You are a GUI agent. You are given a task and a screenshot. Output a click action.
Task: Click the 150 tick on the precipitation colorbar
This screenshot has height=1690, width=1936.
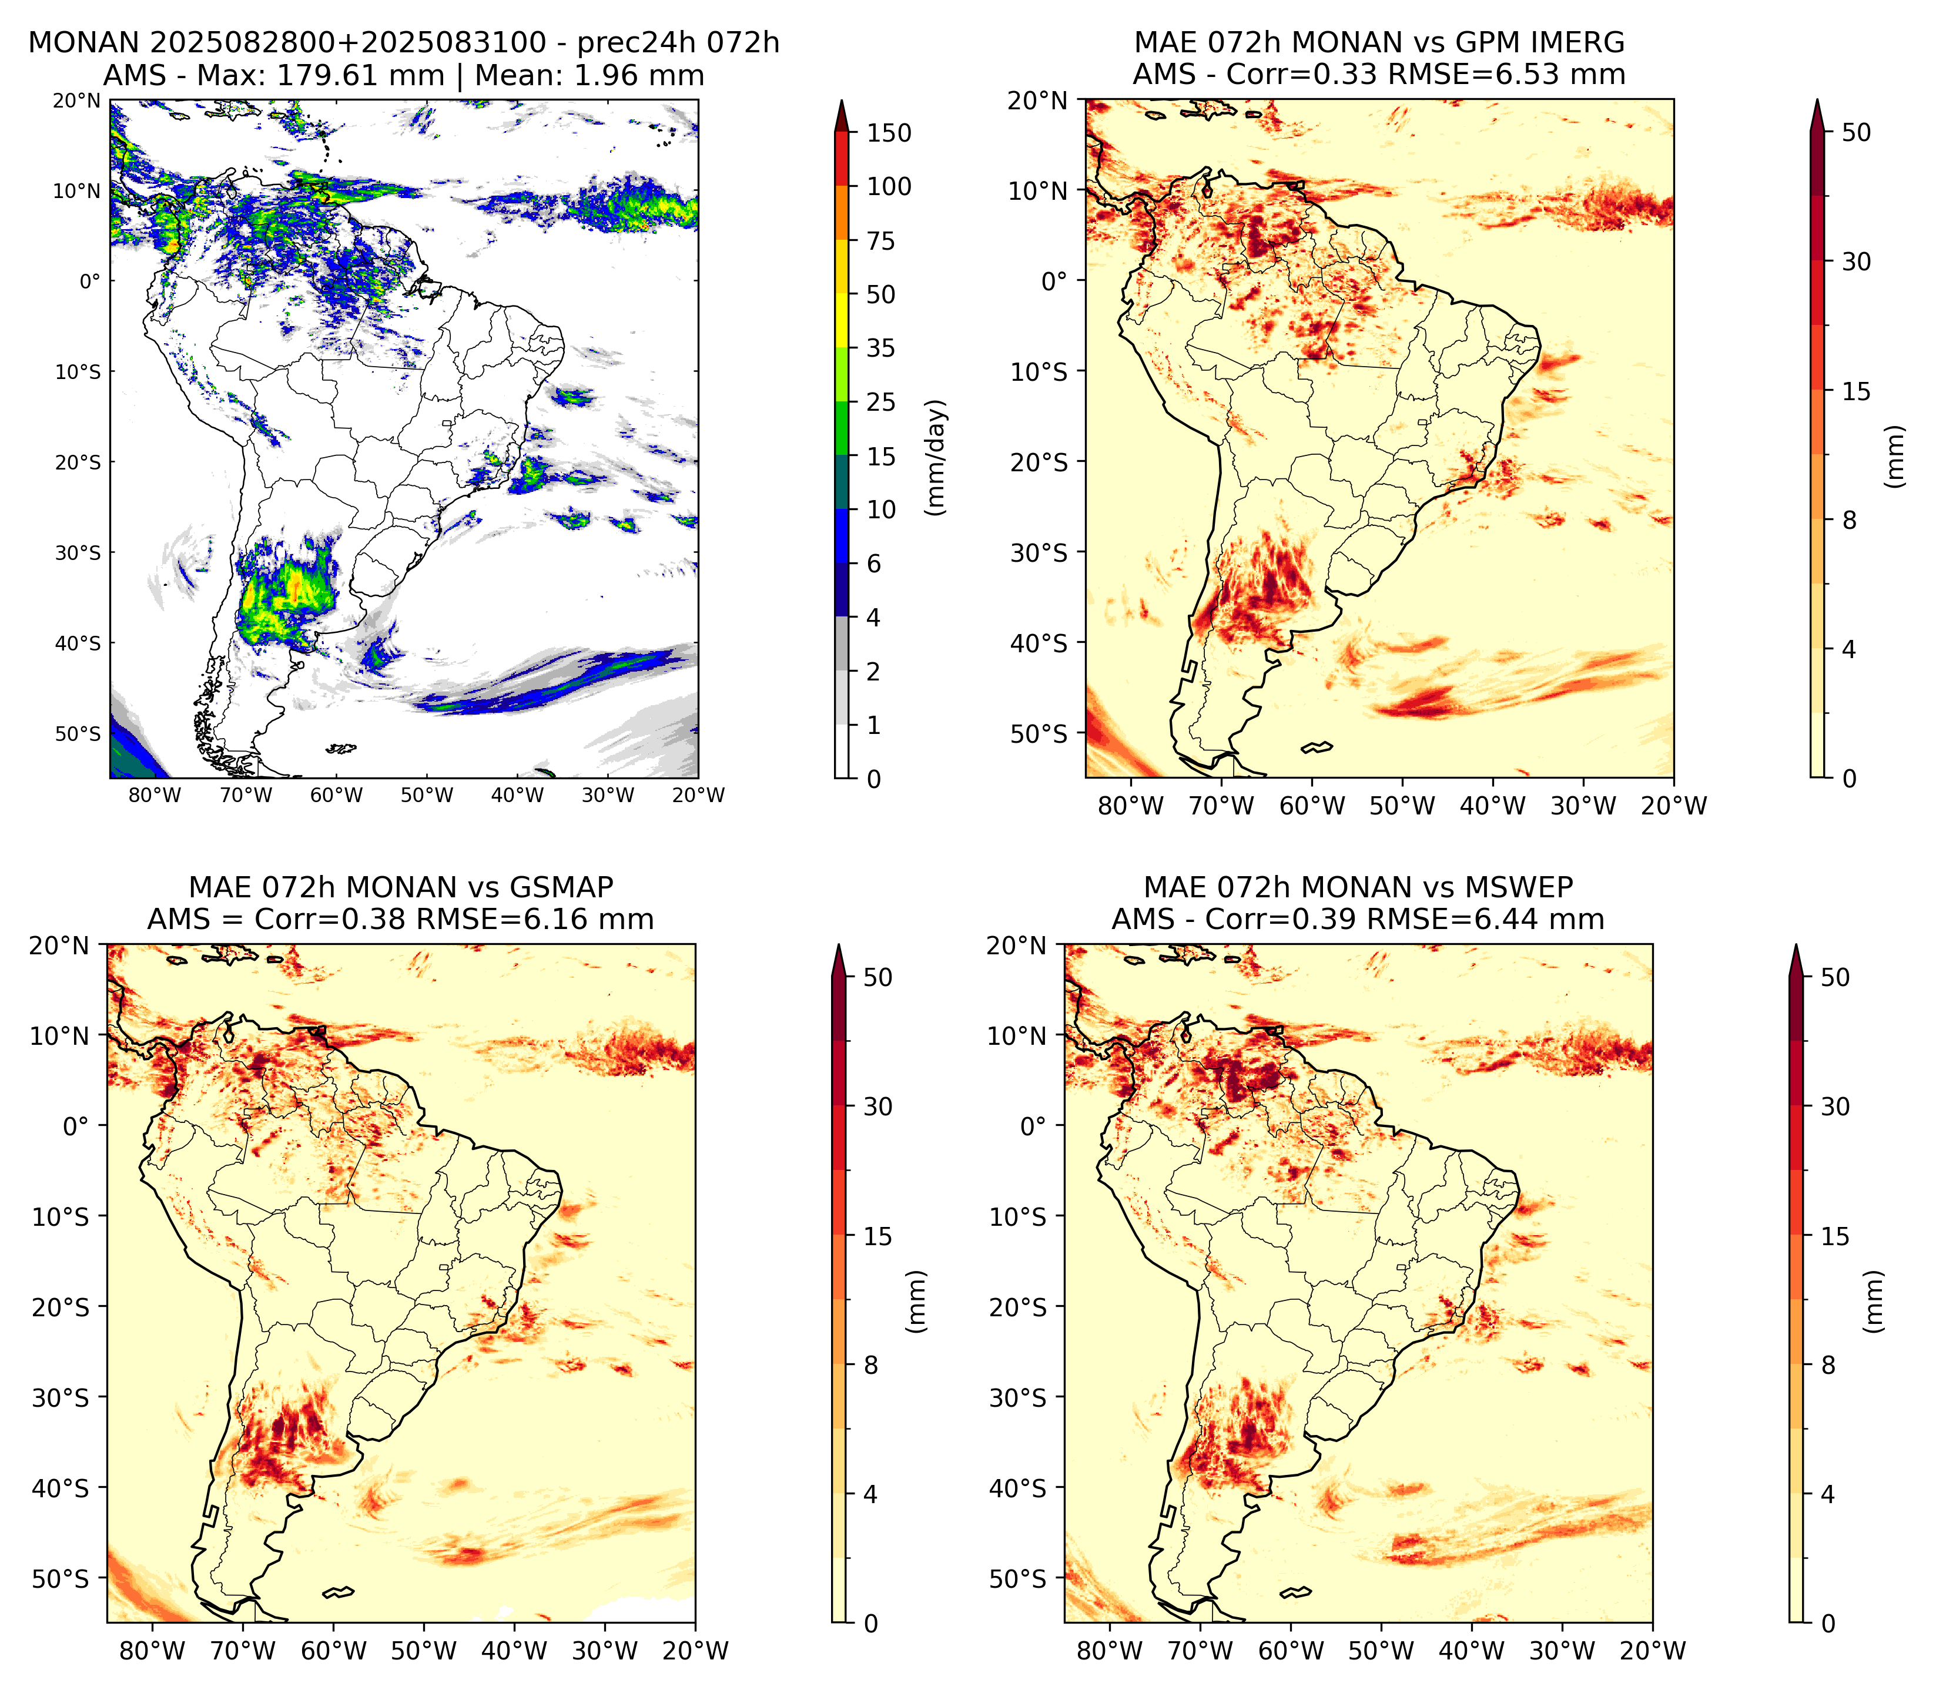tap(888, 133)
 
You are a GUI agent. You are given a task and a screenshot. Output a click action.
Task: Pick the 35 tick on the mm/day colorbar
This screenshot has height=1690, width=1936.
tap(881, 348)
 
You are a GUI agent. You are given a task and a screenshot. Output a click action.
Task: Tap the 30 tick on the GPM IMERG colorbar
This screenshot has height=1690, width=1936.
tap(1856, 261)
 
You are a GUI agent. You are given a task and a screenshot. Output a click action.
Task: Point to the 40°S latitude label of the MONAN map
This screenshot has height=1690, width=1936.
tap(78, 643)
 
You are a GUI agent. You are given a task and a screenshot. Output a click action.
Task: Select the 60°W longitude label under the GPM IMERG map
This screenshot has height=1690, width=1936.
tap(1312, 806)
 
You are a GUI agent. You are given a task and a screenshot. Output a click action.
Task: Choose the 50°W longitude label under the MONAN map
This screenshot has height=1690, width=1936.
tap(427, 795)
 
